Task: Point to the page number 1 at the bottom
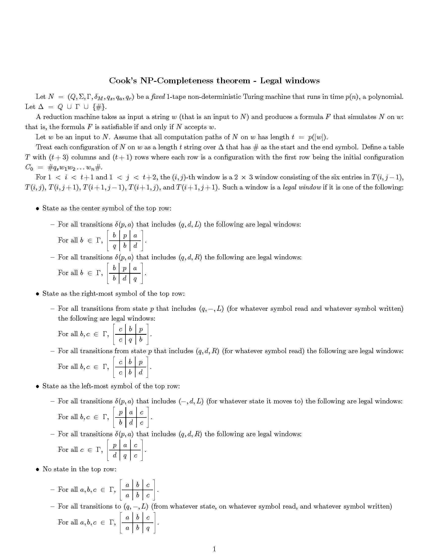(x=214, y=549)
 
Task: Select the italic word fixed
(x=158, y=97)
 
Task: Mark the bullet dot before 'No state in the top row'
(x=37, y=469)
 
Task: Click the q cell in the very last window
(x=148, y=528)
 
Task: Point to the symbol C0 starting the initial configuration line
(x=29, y=168)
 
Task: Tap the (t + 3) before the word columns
(x=59, y=157)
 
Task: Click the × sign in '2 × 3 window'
(x=244, y=178)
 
